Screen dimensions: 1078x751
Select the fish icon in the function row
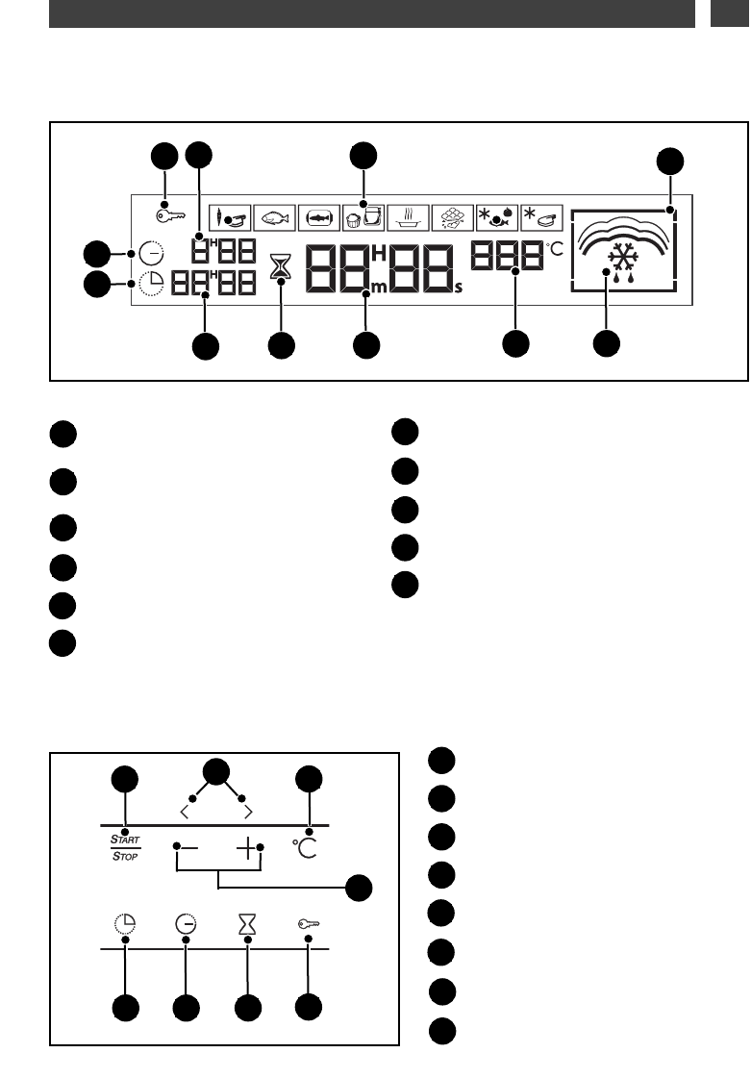[274, 216]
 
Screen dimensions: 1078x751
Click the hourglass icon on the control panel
[248, 924]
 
